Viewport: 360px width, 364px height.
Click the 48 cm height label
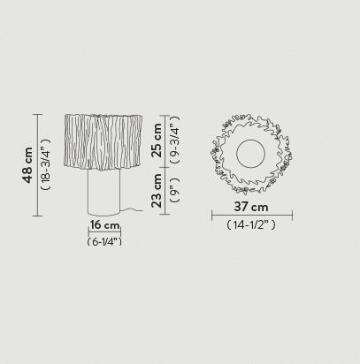click(x=27, y=165)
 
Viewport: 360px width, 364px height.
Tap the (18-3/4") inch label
click(x=46, y=164)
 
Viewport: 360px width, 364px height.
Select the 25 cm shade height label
click(x=157, y=140)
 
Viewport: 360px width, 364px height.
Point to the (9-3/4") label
click(x=175, y=140)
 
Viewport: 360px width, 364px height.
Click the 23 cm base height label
click(x=157, y=191)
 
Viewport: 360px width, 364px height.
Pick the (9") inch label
click(x=175, y=190)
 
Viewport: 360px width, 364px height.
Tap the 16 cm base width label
click(x=104, y=225)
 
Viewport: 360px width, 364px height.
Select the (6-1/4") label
click(x=104, y=242)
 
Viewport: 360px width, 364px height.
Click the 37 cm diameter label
click(x=251, y=207)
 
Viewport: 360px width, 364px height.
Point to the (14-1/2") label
click(x=251, y=225)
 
